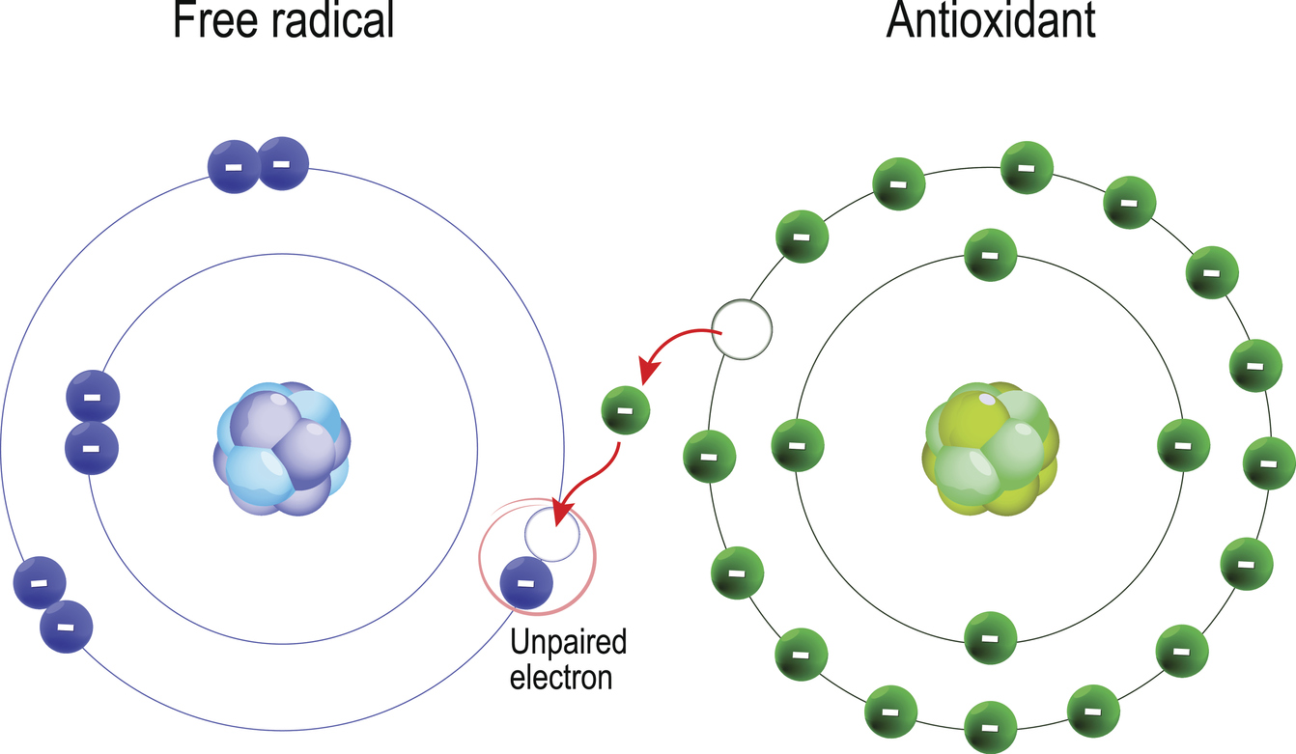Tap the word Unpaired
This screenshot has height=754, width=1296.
pos(568,642)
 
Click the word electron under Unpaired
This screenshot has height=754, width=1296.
pos(561,677)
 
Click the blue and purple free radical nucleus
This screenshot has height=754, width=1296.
pos(282,448)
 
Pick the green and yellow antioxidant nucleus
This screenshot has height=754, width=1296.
pos(990,448)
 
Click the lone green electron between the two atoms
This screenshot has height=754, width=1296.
pos(626,410)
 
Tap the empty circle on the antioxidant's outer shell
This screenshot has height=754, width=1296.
pos(742,329)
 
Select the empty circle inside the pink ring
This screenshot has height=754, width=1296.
pos(552,534)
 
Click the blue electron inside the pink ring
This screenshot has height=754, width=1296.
pos(526,582)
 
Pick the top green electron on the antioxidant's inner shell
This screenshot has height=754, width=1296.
pos(991,255)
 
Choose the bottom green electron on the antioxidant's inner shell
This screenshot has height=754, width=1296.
pos(991,638)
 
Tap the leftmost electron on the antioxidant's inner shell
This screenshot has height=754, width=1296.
pos(798,445)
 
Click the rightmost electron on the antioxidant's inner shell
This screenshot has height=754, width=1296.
pos(1183,445)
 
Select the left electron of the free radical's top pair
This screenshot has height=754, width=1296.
pos(234,166)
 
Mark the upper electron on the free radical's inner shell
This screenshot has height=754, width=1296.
pos(93,397)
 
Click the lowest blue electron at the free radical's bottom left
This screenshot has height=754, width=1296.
pos(66,627)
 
